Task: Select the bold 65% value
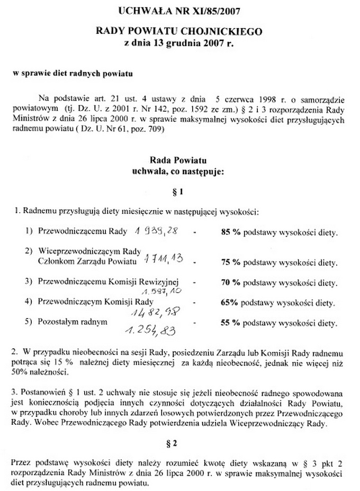tap(229, 304)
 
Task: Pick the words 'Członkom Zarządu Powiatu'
tap(85, 260)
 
